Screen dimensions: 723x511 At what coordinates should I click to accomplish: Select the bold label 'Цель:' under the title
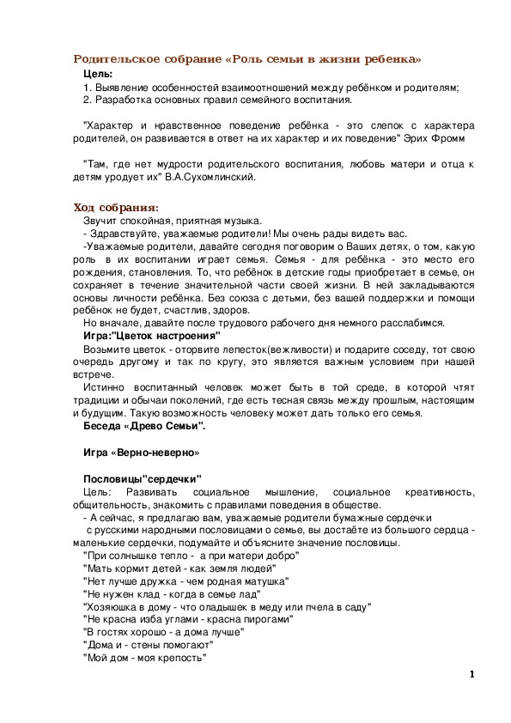(x=98, y=74)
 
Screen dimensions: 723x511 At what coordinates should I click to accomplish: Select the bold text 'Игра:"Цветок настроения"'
(x=152, y=336)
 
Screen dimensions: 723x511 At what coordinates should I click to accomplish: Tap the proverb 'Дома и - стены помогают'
(x=149, y=644)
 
